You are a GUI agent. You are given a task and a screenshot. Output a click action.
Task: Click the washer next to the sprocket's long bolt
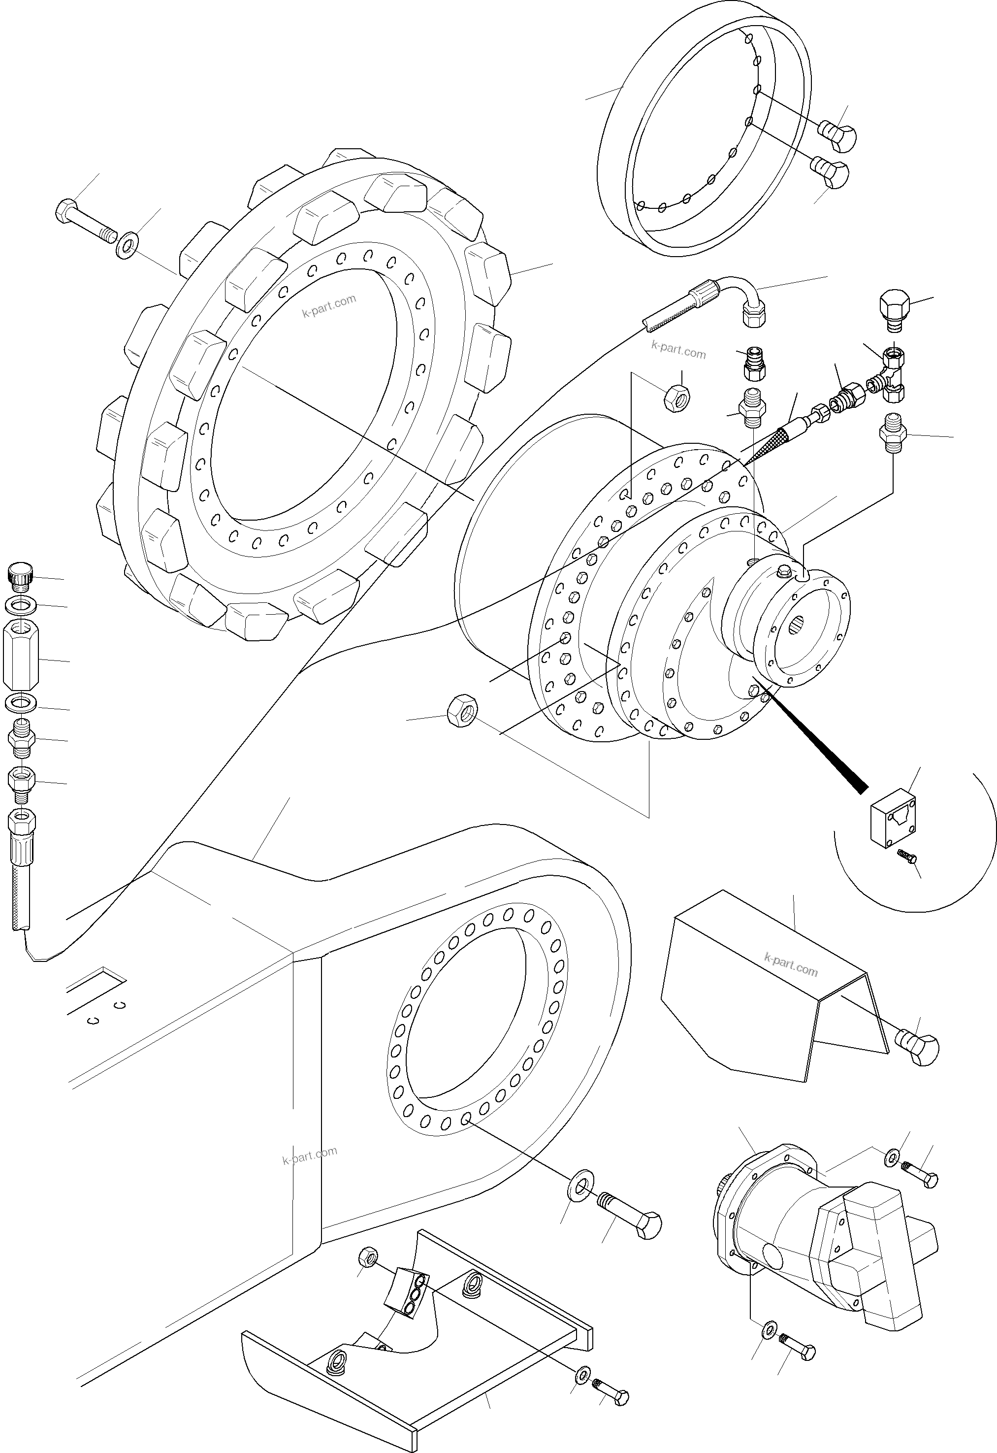click(x=128, y=245)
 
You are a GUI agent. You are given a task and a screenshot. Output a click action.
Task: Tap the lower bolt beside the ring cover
click(x=830, y=172)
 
